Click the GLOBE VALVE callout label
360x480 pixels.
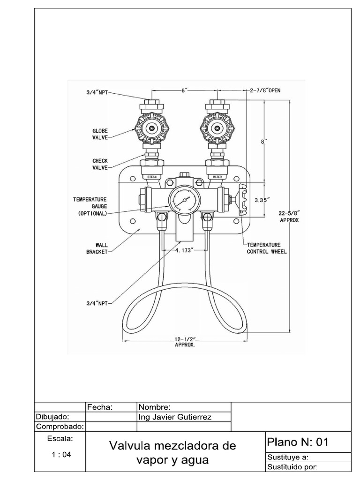pyautogui.click(x=100, y=134)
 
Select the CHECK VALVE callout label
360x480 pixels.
pyautogui.click(x=100, y=164)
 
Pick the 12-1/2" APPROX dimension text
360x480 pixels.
pyautogui.click(x=185, y=341)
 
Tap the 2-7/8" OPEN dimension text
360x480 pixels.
pyautogui.click(x=265, y=90)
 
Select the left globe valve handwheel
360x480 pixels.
pyautogui.click(x=151, y=127)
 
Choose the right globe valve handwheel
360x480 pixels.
pyautogui.click(x=217, y=127)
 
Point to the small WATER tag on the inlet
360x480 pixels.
pyautogui.click(x=217, y=177)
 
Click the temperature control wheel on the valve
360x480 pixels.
pyautogui.click(x=242, y=200)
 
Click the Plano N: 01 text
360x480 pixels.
pyautogui.click(x=298, y=442)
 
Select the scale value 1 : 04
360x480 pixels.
pyautogui.click(x=60, y=454)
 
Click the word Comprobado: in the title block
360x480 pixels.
pyautogui.click(x=60, y=427)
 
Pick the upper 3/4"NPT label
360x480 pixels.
pyautogui.click(x=97, y=92)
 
